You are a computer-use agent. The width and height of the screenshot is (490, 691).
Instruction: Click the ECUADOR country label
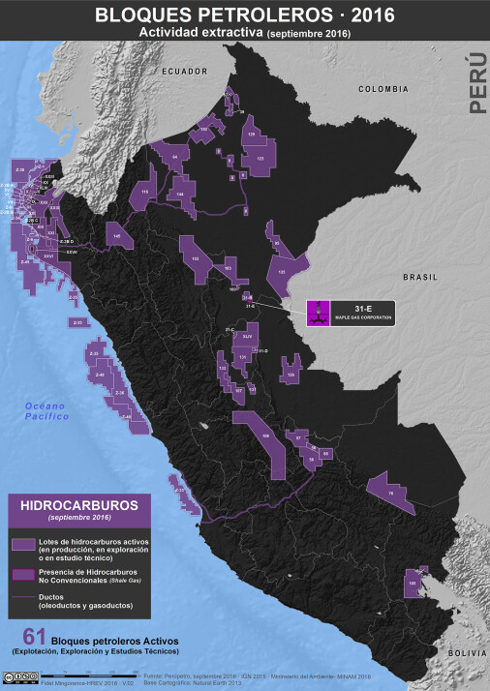pyautogui.click(x=185, y=72)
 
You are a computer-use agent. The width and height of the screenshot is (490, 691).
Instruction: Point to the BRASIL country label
pyautogui.click(x=421, y=277)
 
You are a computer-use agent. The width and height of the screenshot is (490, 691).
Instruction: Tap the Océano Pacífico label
pyautogui.click(x=48, y=409)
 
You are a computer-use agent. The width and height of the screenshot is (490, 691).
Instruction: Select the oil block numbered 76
pyautogui.click(x=390, y=493)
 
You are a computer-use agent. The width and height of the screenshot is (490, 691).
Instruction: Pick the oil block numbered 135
pyautogui.click(x=283, y=272)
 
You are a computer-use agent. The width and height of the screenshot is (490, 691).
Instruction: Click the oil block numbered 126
pyautogui.click(x=291, y=373)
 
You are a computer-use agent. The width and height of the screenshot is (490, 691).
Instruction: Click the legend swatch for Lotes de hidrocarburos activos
pyautogui.click(x=23, y=544)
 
